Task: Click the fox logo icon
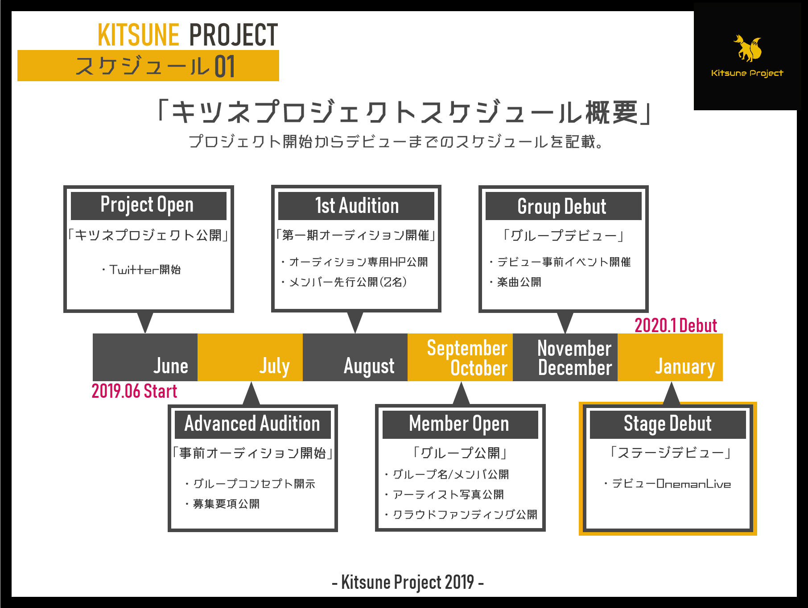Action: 748,49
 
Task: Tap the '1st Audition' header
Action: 356,206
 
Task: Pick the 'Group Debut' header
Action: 563,206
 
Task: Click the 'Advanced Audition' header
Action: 252,424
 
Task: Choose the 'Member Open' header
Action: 459,424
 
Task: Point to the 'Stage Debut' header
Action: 668,424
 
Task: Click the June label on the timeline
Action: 171,366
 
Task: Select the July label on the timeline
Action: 275,366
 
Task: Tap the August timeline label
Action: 369,366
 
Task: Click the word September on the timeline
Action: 467,348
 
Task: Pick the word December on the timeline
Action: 575,368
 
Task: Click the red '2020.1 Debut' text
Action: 676,325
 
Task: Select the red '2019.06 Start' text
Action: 134,391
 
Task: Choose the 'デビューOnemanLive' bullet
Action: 671,484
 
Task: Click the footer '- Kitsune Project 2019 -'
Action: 408,582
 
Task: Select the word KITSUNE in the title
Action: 138,35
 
